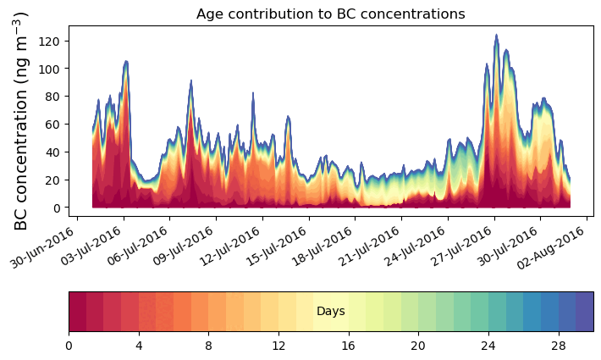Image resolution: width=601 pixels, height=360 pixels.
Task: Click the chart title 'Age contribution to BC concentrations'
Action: pos(330,14)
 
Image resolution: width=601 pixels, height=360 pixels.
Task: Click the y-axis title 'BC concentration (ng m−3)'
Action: pos(22,120)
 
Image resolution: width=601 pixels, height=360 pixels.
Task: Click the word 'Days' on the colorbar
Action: pos(330,312)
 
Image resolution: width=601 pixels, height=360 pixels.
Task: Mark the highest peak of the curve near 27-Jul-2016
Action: pos(496,36)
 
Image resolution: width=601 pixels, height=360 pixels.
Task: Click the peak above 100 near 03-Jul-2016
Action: pos(126,61)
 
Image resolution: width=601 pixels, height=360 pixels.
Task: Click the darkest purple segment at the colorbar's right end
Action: pos(584,312)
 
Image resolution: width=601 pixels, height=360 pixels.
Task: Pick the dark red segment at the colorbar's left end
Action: pos(77,312)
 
